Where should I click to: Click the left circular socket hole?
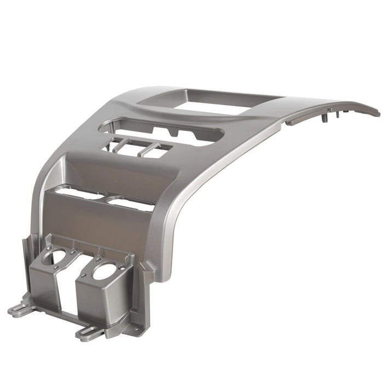coord(57,257)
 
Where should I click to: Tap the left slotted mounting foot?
coord(21,308)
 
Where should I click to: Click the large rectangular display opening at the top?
coord(211,102)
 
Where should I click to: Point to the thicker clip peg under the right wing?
coord(327,116)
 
